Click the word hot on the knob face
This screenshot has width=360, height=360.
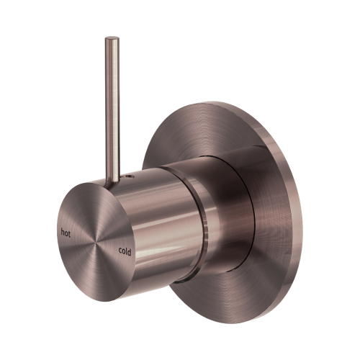(x=66, y=233)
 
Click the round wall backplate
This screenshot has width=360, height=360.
(x=274, y=187)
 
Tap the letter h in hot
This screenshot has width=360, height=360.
(x=63, y=233)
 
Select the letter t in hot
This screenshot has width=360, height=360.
(x=71, y=233)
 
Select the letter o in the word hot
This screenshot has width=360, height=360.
(x=66, y=233)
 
